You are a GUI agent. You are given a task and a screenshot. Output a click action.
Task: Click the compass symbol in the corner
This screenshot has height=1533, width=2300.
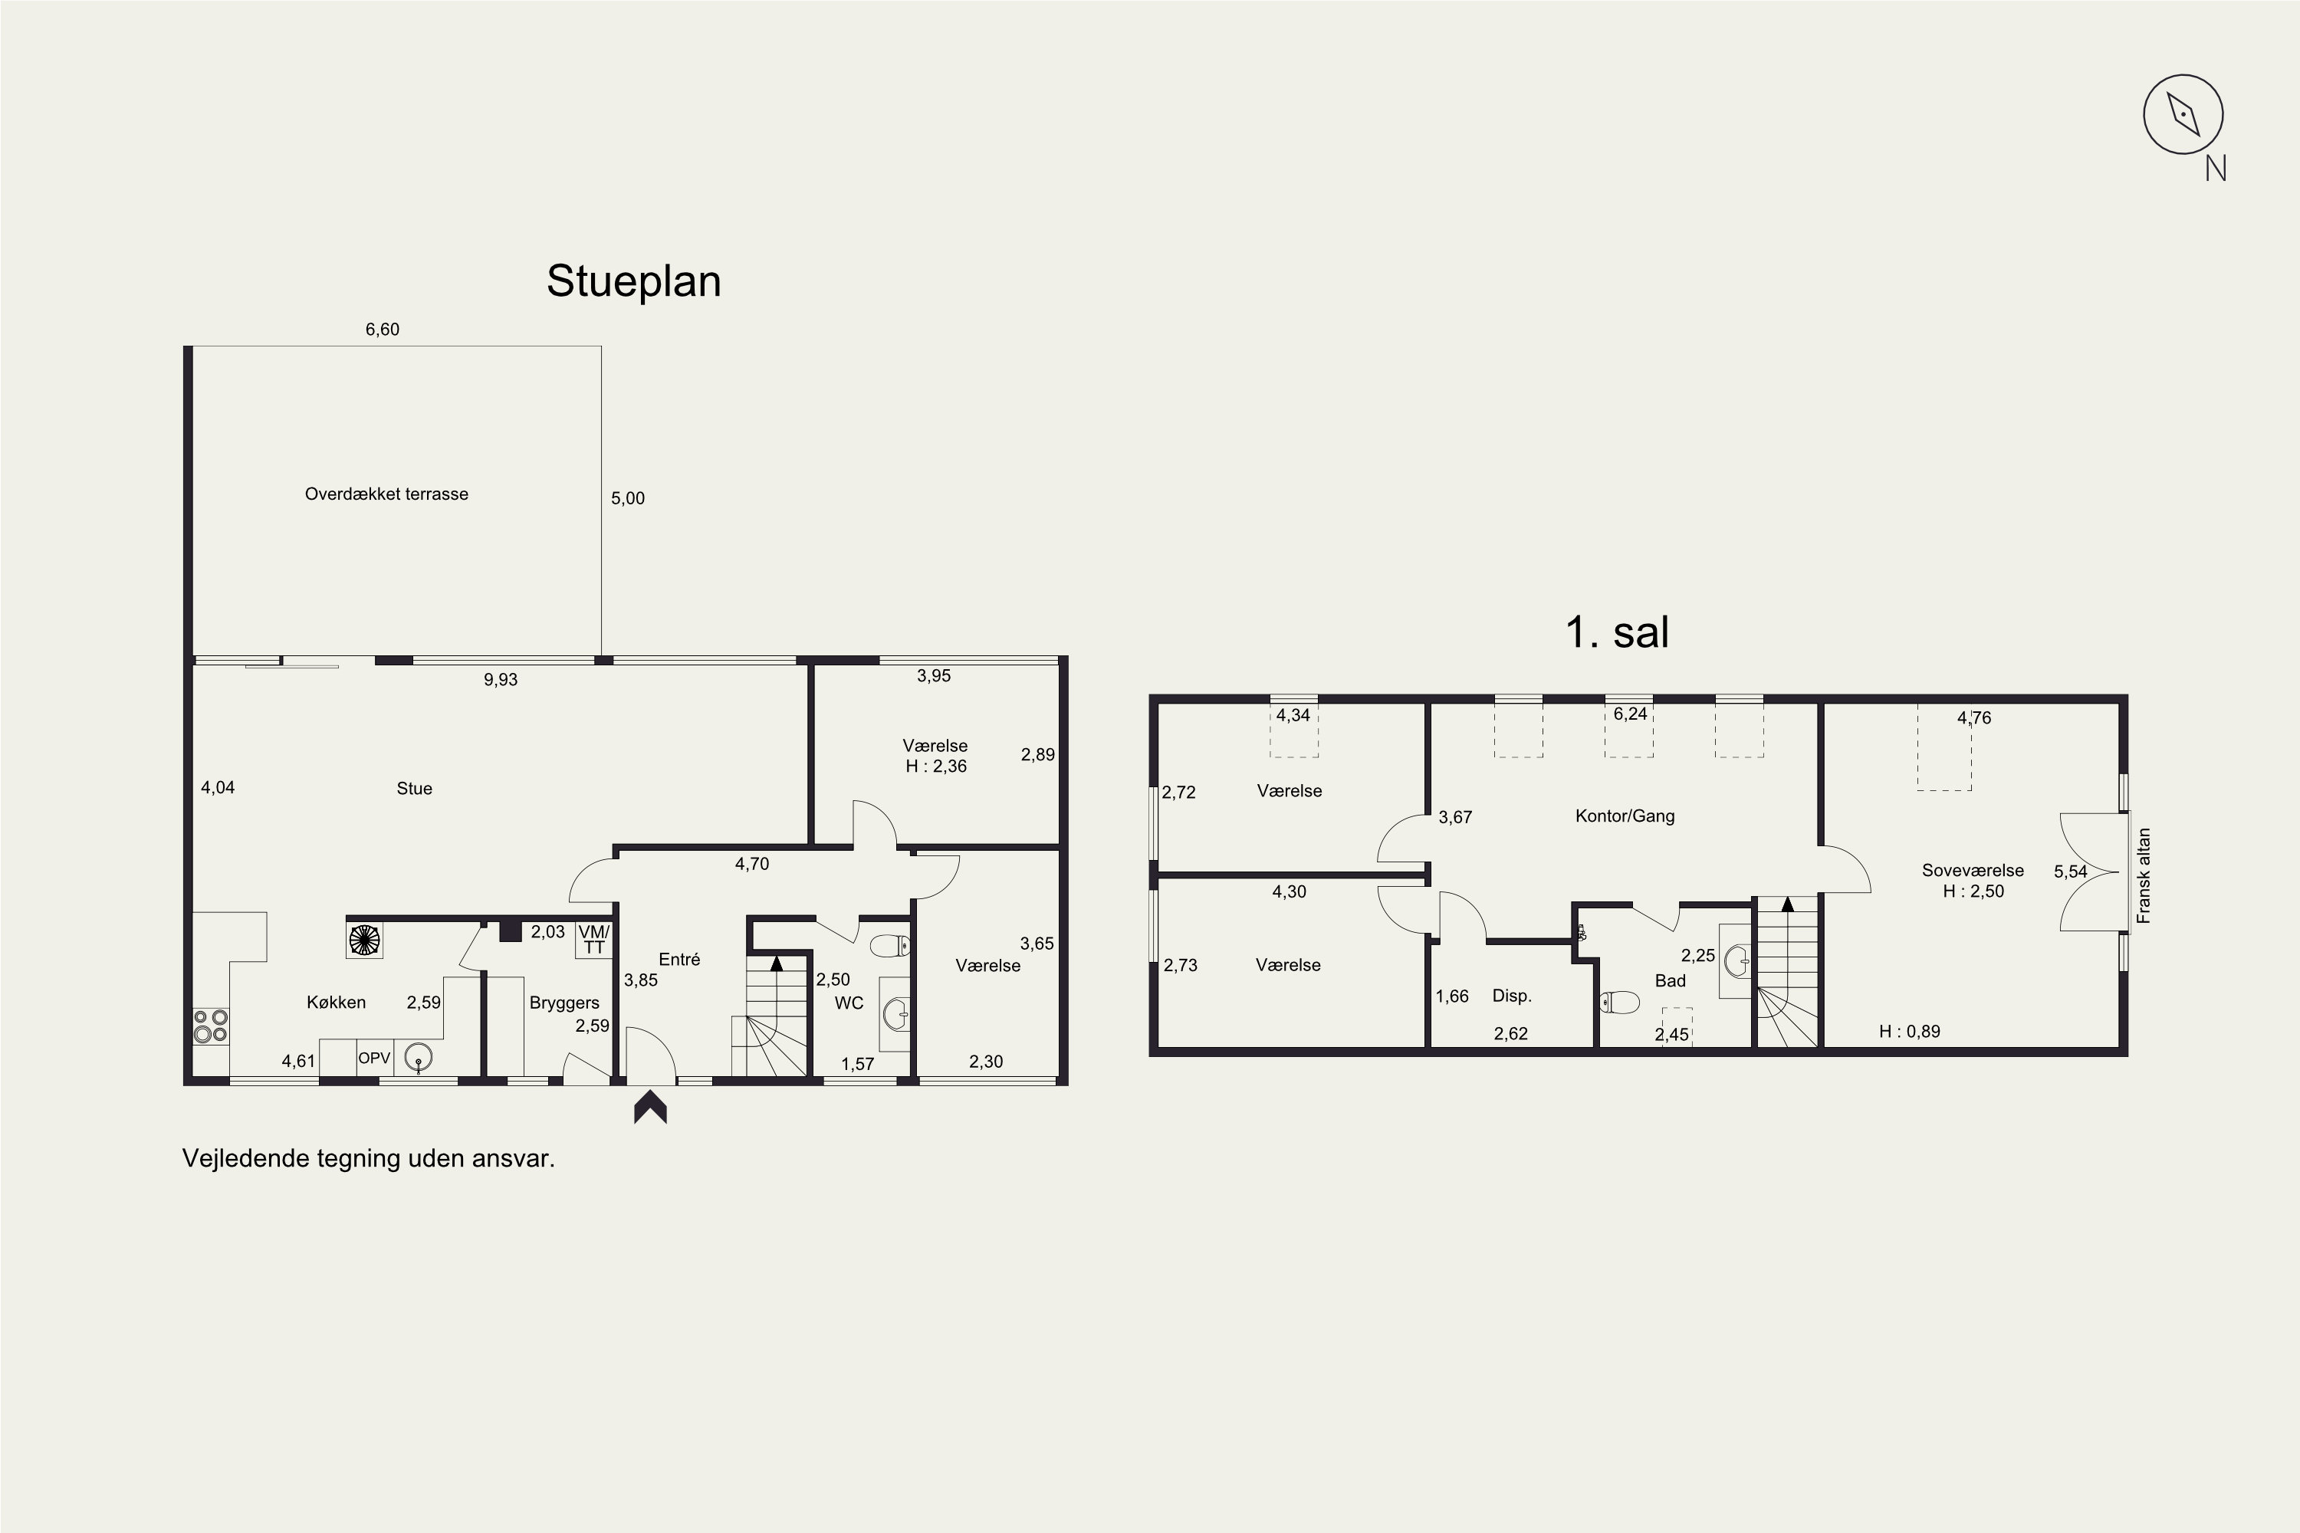[2183, 114]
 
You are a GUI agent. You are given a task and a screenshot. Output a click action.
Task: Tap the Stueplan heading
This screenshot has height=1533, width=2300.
[634, 281]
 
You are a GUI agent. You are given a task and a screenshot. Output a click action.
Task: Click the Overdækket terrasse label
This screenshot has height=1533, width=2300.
[386, 494]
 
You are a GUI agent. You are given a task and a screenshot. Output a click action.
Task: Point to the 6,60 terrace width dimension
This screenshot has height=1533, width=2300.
[383, 330]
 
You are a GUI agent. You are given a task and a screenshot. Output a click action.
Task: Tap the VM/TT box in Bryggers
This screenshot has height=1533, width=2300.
[593, 940]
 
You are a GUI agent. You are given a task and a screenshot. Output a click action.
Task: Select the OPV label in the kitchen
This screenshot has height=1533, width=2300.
[375, 1058]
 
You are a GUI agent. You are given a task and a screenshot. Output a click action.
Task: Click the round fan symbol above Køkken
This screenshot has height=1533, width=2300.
[363, 940]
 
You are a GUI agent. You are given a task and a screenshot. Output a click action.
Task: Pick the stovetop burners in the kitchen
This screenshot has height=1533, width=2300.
[210, 1026]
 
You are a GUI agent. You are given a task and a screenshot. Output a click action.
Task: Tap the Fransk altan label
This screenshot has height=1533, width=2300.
[2144, 876]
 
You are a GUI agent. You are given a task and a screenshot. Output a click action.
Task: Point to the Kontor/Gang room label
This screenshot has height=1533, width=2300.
[1625, 816]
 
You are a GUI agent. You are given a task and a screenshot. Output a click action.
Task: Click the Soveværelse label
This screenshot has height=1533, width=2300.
[1973, 870]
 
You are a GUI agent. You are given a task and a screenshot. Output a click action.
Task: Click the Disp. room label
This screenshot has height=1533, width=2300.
[1511, 995]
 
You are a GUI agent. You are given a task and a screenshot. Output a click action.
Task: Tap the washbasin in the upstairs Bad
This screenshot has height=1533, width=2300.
[1736, 960]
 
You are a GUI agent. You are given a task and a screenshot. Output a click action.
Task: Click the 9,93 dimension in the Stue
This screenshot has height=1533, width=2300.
[501, 679]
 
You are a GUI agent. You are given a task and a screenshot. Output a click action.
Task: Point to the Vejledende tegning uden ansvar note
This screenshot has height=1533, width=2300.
[368, 1158]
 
